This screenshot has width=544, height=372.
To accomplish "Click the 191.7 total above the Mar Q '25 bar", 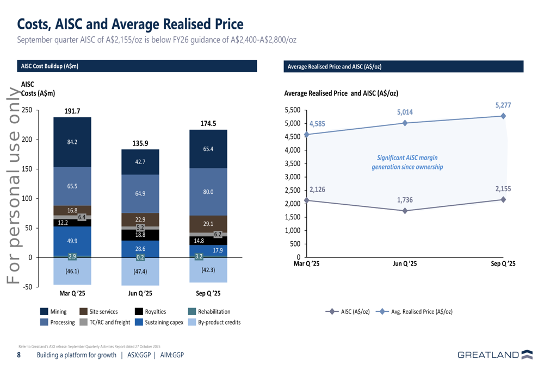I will [72, 111].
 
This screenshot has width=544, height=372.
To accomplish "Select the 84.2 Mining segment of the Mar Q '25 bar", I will [72, 142].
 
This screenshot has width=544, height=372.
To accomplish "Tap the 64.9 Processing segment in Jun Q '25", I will [140, 193].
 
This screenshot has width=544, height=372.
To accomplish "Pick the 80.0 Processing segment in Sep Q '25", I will [208, 192].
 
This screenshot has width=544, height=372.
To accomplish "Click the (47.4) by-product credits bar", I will [140, 271].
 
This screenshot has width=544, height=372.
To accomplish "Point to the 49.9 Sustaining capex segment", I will [72, 241].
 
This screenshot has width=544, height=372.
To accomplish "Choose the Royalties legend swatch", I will [139, 312].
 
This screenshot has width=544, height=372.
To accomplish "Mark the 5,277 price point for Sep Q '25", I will [503, 116].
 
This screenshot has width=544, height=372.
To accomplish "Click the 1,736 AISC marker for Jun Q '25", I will [405, 211].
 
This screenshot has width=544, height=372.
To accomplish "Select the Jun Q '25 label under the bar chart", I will [140, 294].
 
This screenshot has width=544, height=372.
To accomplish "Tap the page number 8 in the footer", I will [19, 355].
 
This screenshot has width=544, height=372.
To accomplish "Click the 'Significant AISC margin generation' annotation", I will [407, 162].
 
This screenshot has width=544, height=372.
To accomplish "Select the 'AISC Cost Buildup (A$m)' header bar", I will [137, 66].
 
